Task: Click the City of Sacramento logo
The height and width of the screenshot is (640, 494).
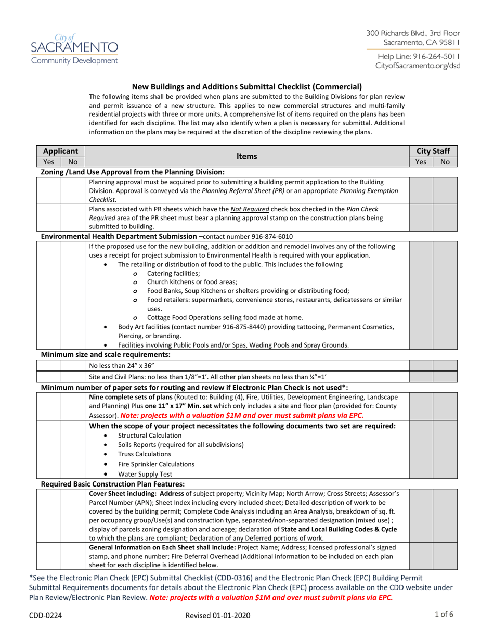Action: tap(73, 48)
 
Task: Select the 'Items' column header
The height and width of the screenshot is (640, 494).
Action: tap(246, 156)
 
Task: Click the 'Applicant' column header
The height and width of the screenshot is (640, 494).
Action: tap(60, 151)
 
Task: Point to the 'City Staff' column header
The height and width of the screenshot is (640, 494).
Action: tap(433, 151)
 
